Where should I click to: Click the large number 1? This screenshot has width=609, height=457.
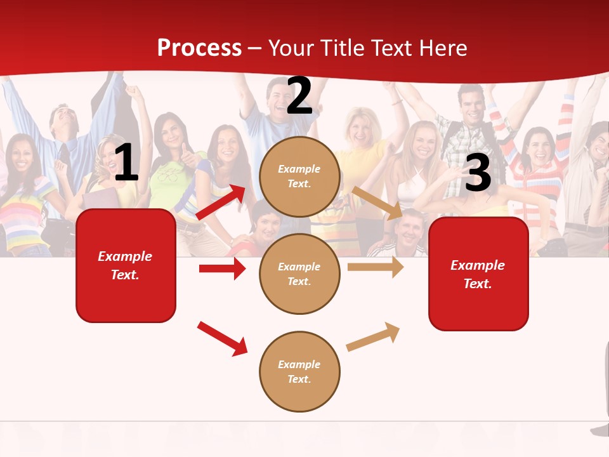tap(127, 163)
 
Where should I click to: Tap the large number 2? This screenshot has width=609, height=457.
tap(299, 96)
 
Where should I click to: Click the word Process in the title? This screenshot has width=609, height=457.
tap(199, 48)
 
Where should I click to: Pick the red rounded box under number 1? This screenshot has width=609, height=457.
tap(126, 265)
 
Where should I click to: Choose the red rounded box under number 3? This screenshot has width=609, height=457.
tap(478, 274)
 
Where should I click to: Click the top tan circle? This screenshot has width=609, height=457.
tap(299, 176)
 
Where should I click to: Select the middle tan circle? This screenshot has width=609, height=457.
tap(299, 274)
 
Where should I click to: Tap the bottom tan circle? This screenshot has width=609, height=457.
tap(299, 371)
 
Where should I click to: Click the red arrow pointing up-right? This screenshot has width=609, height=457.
tap(221, 202)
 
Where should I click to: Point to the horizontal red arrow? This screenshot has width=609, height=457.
tap(222, 268)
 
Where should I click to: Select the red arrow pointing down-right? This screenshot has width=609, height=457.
tap(223, 338)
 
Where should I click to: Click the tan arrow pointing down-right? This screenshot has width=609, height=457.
tap(377, 202)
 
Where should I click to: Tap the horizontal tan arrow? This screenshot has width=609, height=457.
tap(376, 267)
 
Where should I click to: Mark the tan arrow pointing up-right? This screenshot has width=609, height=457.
tap(374, 337)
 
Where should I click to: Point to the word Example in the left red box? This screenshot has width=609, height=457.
tap(125, 256)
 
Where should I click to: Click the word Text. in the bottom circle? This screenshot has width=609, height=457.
tap(299, 379)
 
